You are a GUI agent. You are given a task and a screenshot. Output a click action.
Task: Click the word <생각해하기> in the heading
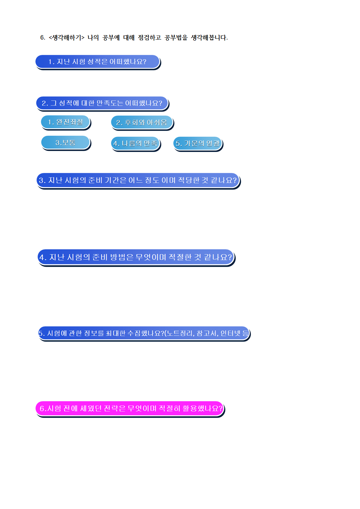pyautogui.click(x=66, y=38)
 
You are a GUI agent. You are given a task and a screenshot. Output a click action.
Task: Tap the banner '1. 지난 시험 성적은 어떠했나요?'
pyautogui.click(x=97, y=62)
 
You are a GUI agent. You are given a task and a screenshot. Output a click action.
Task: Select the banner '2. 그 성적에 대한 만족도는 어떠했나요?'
pyautogui.click(x=102, y=103)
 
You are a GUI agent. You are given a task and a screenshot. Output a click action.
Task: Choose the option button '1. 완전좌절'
pyautogui.click(x=65, y=122)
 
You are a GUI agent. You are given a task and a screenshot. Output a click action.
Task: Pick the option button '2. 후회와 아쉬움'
pyautogui.click(x=142, y=123)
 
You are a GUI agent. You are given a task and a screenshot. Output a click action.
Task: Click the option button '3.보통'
pyautogui.click(x=65, y=143)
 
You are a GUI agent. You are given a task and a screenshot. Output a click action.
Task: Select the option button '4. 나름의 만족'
pyautogui.click(x=135, y=143)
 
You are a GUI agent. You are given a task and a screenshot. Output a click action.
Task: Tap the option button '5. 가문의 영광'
pyautogui.click(x=197, y=143)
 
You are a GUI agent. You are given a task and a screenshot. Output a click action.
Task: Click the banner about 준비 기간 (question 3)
pyautogui.click(x=138, y=180)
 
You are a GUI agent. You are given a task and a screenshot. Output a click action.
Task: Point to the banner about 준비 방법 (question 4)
pyautogui.click(x=136, y=257)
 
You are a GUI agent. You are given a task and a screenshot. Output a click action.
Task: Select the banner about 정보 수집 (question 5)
pyautogui.click(x=144, y=333)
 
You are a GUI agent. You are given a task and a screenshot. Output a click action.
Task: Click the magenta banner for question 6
pyautogui.click(x=130, y=409)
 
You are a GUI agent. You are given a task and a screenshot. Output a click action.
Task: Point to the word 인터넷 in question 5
pyautogui.click(x=230, y=333)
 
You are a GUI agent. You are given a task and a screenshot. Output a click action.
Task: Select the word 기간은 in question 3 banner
pyautogui.click(x=116, y=180)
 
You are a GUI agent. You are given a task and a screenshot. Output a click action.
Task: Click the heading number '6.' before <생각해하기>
pyautogui.click(x=43, y=38)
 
